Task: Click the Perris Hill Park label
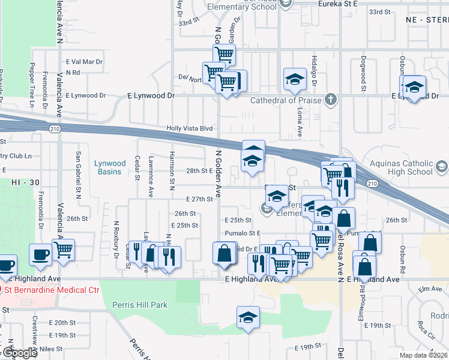coord(140,305)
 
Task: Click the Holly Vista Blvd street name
coord(190,128)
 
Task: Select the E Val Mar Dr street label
coord(84,62)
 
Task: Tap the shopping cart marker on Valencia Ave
coord(63,249)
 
